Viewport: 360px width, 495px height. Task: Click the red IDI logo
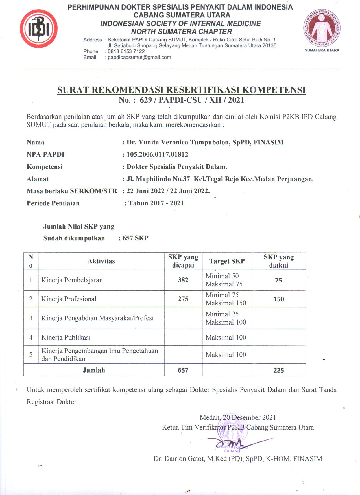click(39, 29)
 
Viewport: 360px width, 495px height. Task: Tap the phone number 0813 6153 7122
click(126, 51)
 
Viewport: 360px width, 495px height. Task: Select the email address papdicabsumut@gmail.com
click(139, 57)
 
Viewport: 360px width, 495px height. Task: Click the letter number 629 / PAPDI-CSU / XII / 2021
click(192, 100)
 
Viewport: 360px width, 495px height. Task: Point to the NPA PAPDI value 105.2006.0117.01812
click(157, 154)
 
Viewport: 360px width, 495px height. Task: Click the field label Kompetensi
click(45, 167)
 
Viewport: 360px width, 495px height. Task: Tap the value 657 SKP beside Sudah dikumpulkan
click(135, 238)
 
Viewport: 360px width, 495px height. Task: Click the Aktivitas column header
click(101, 261)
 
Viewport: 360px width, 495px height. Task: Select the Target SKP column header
click(227, 261)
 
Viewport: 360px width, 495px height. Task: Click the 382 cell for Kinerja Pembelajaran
click(183, 280)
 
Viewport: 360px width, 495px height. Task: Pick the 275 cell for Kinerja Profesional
click(183, 299)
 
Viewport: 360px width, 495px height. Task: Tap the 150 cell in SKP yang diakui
click(278, 299)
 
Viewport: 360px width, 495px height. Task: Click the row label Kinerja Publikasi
click(66, 338)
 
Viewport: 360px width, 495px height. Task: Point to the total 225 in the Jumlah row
click(278, 370)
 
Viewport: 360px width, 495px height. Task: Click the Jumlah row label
click(94, 370)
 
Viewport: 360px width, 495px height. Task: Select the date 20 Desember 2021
click(249, 417)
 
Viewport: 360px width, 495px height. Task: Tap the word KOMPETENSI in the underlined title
click(274, 90)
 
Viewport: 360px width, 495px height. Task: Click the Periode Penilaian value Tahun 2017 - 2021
click(156, 203)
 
